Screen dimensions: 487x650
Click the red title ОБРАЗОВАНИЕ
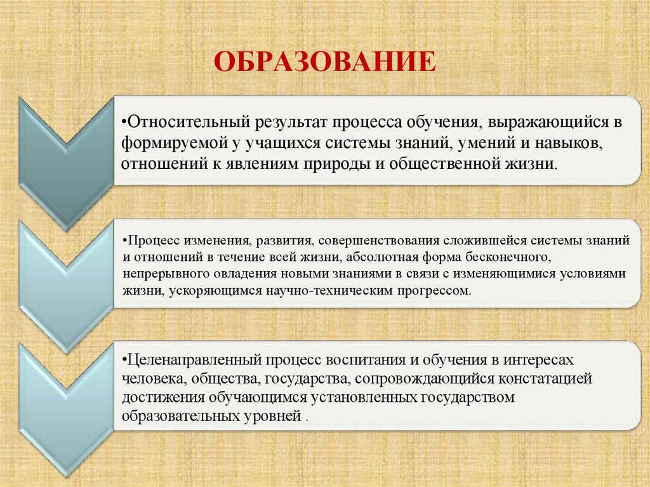324,63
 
